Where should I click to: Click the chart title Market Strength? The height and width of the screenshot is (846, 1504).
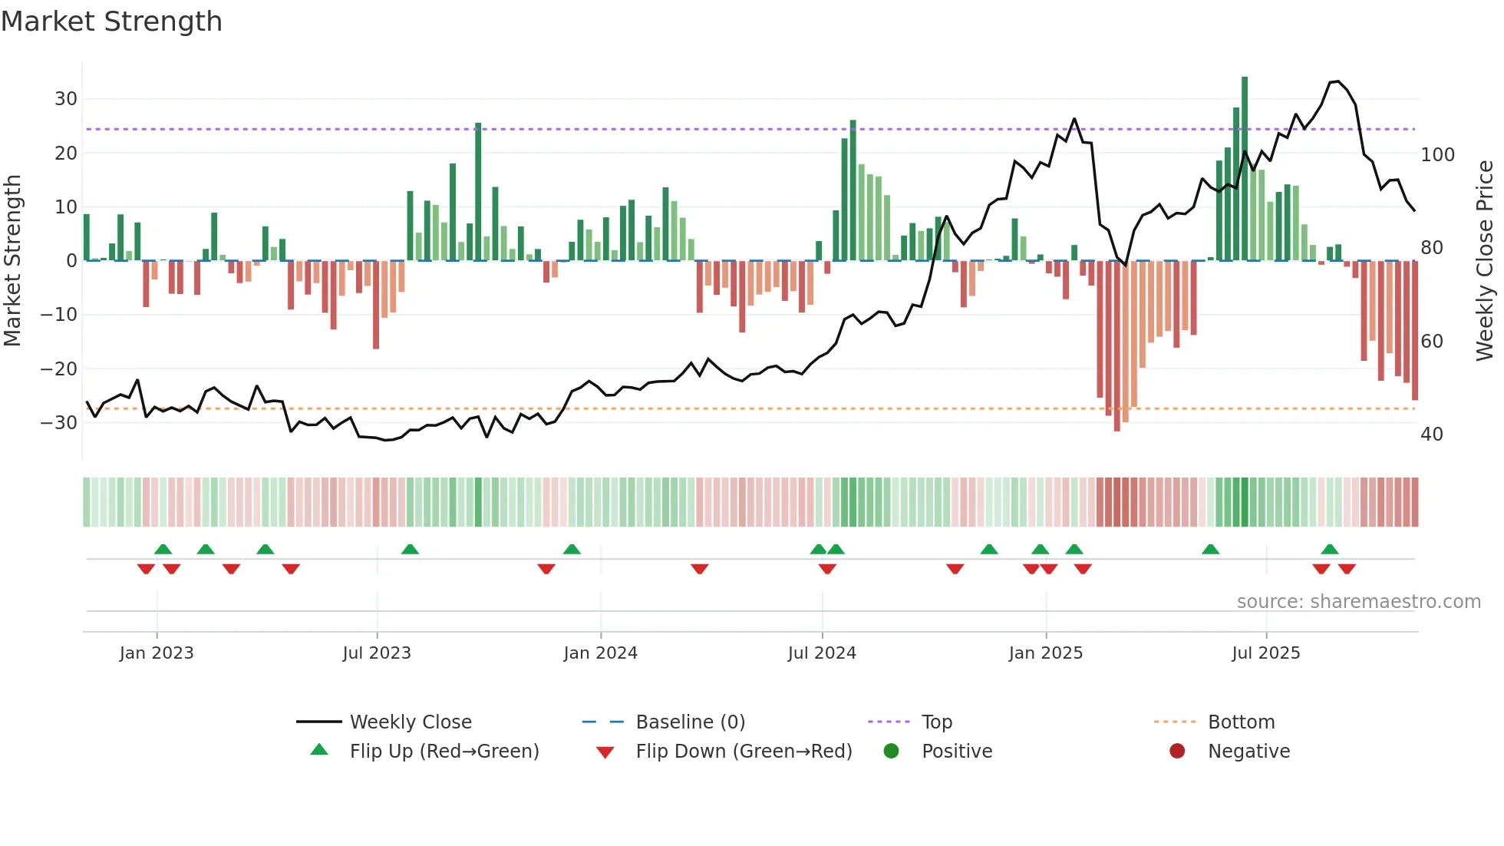click(111, 21)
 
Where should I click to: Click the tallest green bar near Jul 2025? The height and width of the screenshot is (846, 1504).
click(1245, 169)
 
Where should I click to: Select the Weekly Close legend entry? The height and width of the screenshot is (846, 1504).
click(411, 722)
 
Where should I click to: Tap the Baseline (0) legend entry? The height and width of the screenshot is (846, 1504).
click(690, 722)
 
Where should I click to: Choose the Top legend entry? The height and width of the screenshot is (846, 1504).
click(936, 722)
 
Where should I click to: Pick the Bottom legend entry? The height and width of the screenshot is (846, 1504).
click(1241, 722)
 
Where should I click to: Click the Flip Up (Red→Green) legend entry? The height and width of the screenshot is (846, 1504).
click(444, 752)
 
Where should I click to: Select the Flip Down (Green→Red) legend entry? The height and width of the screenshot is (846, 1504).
click(743, 752)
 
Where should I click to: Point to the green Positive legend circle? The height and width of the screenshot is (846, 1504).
click(891, 751)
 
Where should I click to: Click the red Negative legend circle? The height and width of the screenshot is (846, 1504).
click(1177, 751)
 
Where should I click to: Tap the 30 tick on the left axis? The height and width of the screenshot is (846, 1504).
click(66, 99)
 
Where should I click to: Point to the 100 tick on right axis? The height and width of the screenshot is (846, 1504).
click(1437, 155)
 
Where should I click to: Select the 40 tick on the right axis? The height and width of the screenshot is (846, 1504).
click(1432, 435)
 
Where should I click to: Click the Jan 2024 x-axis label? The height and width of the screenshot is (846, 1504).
click(600, 653)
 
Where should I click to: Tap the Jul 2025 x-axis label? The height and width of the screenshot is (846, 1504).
click(1265, 653)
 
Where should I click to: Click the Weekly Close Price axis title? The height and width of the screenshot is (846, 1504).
click(1486, 261)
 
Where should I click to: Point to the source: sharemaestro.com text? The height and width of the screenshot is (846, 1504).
click(1358, 602)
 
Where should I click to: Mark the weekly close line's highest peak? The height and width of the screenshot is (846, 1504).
click(1337, 81)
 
